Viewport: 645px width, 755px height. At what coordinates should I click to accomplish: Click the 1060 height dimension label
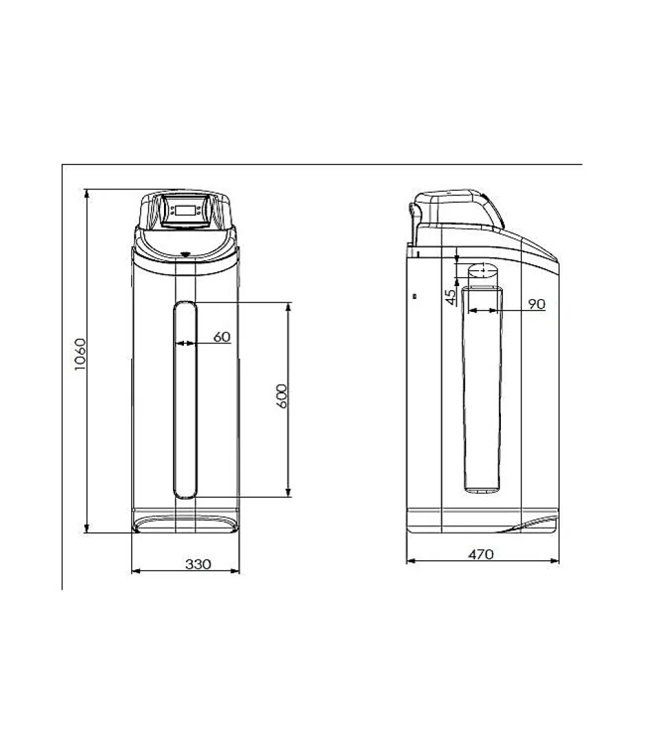pos(80,355)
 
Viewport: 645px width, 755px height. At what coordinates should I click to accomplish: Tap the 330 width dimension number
pos(198,564)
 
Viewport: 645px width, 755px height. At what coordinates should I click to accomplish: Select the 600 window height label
pos(282,396)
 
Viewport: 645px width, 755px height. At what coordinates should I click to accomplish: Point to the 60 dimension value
pos(222,337)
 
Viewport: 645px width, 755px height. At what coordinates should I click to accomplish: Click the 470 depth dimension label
pos(481,554)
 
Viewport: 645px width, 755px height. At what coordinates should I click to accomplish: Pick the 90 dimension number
pos(537,304)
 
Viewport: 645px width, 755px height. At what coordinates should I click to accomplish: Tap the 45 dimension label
pos(451,297)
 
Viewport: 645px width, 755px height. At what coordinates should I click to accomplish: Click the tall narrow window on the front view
pos(185,399)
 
